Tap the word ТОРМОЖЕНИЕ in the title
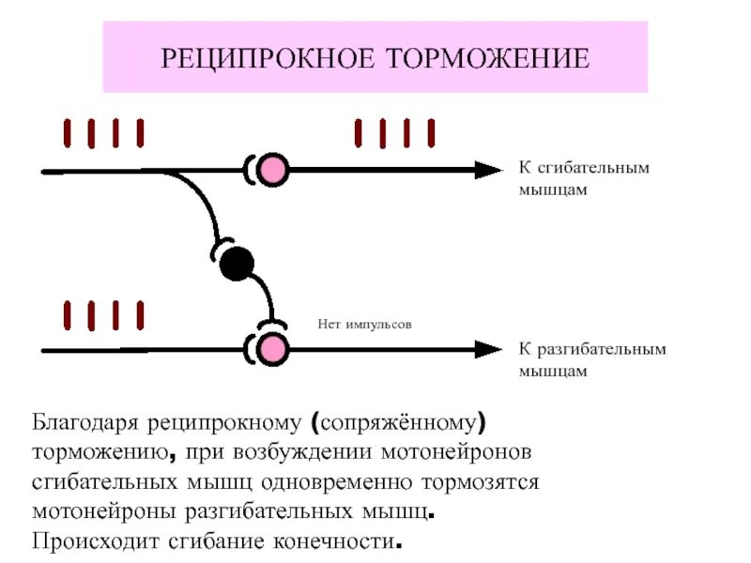487,59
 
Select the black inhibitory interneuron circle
237,264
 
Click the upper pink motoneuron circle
273,170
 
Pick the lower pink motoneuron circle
273,349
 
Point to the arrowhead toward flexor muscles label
488,170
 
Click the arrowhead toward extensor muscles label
488,349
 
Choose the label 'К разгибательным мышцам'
592,359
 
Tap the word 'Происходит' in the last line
96,542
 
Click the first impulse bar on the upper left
68,133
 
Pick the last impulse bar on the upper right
431,133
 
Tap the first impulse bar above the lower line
68,314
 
